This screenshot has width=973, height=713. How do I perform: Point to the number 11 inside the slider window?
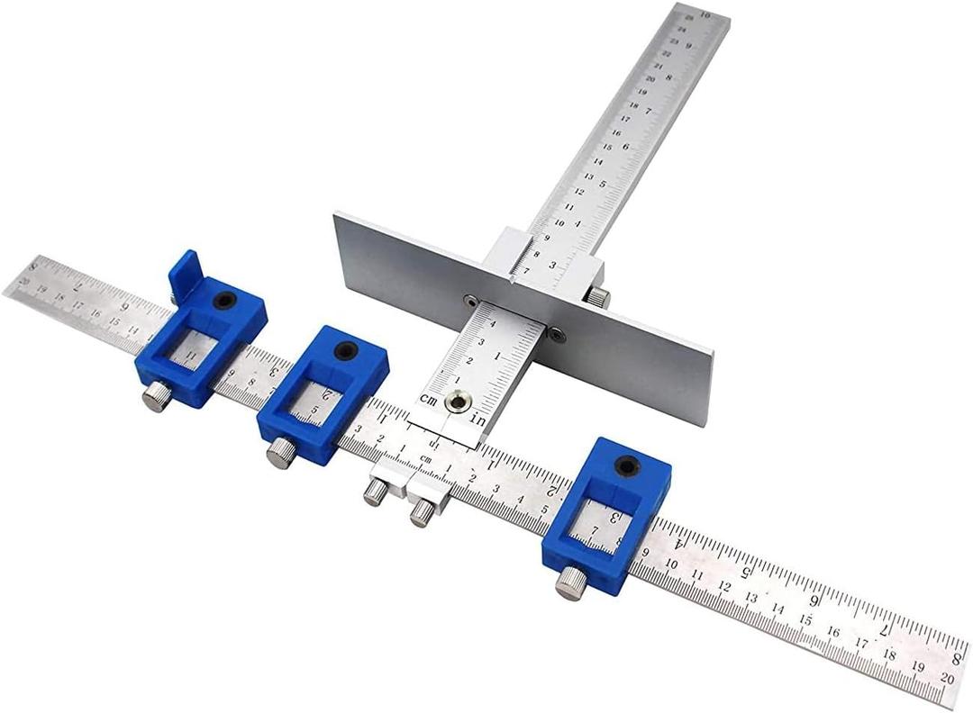pos(191,357)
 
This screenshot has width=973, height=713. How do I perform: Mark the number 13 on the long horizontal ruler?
pos(750,596)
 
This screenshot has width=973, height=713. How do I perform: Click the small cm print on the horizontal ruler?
pos(426,459)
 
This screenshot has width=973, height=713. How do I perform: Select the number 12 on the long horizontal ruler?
pos(723,585)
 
